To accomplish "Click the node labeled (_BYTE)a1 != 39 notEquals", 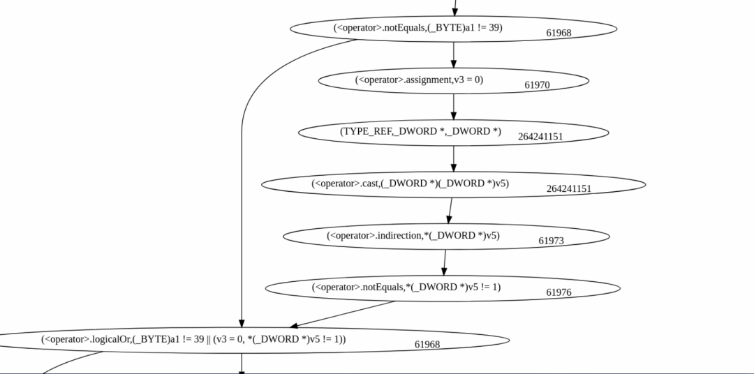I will tap(417, 28).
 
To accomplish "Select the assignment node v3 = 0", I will tap(419, 80).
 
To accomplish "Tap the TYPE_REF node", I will tap(420, 131).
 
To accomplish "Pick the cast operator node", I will tap(411, 184).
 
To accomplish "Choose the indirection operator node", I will tap(413, 235).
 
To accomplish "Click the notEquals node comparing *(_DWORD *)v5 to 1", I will tap(406, 287).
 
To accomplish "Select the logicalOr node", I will tap(193, 339).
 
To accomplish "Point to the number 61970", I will tap(537, 85).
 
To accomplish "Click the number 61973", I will tap(551, 241).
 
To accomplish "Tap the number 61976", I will tap(559, 292).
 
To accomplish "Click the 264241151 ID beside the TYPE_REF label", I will tap(540, 137).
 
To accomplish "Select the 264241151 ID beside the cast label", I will tap(569, 188).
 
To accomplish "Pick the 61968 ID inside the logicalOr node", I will tap(427, 344).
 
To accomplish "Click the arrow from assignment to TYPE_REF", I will tap(454, 107).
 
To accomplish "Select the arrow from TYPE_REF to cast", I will tap(454, 158).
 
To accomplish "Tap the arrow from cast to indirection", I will tap(450, 209).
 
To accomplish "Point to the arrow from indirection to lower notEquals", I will tap(444, 261).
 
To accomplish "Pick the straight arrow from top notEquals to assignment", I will tap(454, 54).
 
